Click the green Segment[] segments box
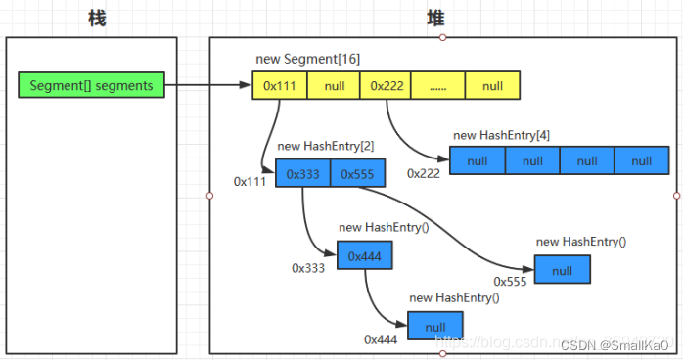point(92,86)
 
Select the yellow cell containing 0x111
point(280,86)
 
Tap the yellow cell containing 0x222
point(386,86)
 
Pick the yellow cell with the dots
point(438,86)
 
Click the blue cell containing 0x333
point(303,173)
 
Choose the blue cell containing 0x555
point(358,173)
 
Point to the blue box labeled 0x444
point(365,256)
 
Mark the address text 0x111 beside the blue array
point(250,182)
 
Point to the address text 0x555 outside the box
point(510,281)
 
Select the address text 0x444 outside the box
point(381,338)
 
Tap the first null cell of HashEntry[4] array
point(477,160)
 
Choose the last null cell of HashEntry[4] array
point(641,160)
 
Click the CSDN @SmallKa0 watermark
point(620,344)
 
